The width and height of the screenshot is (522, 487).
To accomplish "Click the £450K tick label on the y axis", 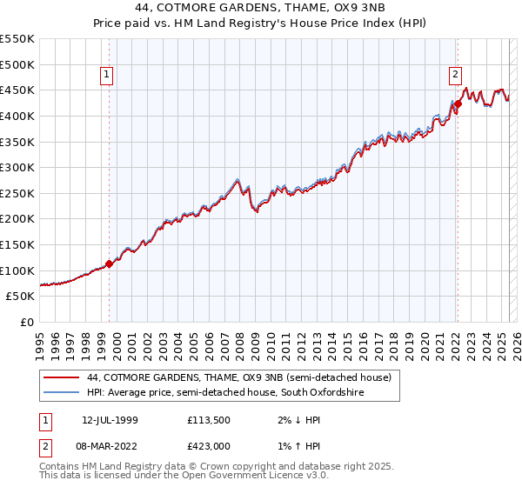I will pos(17,90).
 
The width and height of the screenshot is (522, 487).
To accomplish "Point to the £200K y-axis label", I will pos(17,218).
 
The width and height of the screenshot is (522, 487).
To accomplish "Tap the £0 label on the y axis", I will pos(27,322).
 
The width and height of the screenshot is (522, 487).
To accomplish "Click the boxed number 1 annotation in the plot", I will pos(107,76).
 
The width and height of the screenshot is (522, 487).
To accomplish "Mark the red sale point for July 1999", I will pos(109,264).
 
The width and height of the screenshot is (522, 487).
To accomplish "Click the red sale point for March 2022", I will pos(457,103).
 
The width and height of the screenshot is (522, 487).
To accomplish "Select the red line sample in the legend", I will pos(61,378).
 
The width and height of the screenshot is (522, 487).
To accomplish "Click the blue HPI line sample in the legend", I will pos(61,393).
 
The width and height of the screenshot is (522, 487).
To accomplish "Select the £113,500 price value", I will pos(210,420).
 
